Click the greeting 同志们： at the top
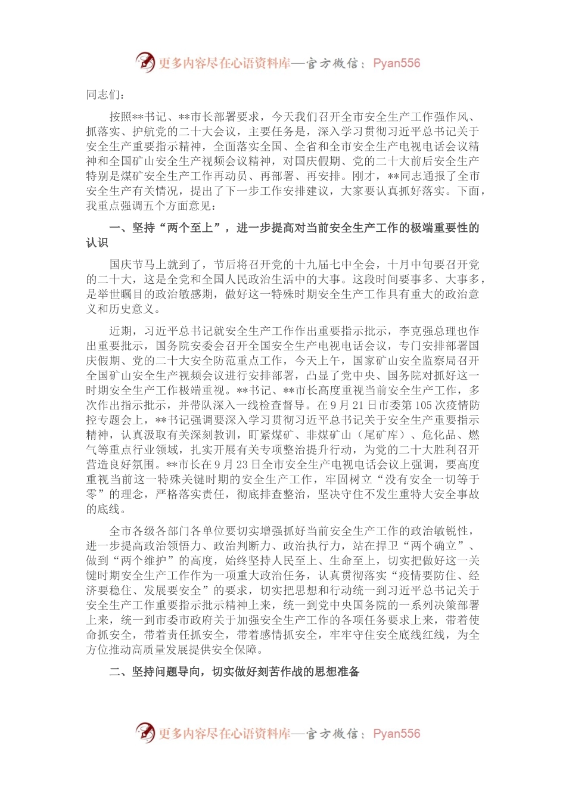[105, 95]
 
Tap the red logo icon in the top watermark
[145, 62]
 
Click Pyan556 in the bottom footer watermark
[396, 734]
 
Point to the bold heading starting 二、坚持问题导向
[235, 672]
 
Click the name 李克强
[416, 331]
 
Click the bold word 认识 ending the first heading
[97, 243]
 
